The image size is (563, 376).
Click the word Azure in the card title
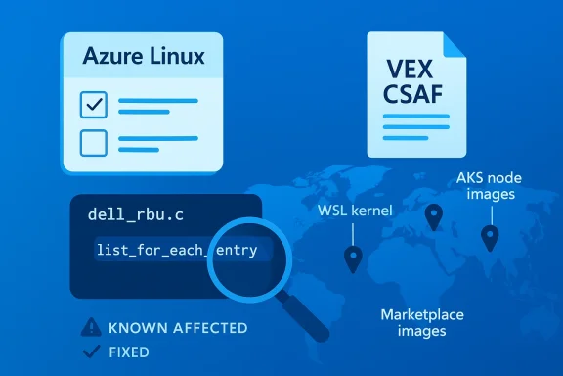110,57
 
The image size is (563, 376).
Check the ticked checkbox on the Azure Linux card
93,103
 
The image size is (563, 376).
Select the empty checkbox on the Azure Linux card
93,143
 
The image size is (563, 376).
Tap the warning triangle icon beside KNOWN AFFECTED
92,328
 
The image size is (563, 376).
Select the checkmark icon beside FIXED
92,352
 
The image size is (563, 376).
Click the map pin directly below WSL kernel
352,258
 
